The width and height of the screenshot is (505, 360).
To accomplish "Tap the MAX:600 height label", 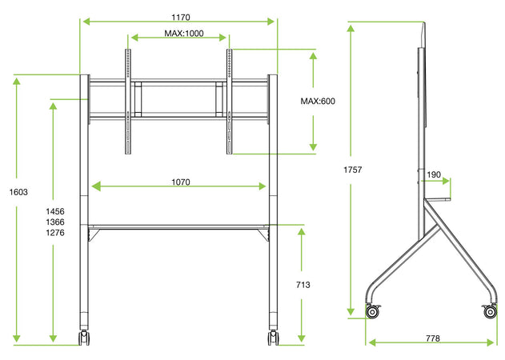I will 318,102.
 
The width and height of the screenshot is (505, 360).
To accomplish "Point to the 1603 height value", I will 18,192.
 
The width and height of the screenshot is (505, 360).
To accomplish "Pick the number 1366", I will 55,221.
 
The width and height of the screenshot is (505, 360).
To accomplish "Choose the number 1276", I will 55,233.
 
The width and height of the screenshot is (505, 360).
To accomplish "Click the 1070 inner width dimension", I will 180,182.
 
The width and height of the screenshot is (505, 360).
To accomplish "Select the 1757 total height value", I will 353,170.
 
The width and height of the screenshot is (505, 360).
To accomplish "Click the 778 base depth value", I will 432,338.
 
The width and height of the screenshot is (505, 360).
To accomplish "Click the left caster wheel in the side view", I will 372,311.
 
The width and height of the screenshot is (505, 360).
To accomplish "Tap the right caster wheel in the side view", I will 490,311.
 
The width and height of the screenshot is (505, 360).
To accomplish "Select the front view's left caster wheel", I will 84,338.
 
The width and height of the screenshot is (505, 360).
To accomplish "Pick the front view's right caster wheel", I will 273,338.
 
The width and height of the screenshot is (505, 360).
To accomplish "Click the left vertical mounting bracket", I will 126,102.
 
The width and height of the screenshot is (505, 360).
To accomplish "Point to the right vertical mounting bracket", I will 230,102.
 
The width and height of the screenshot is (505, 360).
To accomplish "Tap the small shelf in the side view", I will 437,199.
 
